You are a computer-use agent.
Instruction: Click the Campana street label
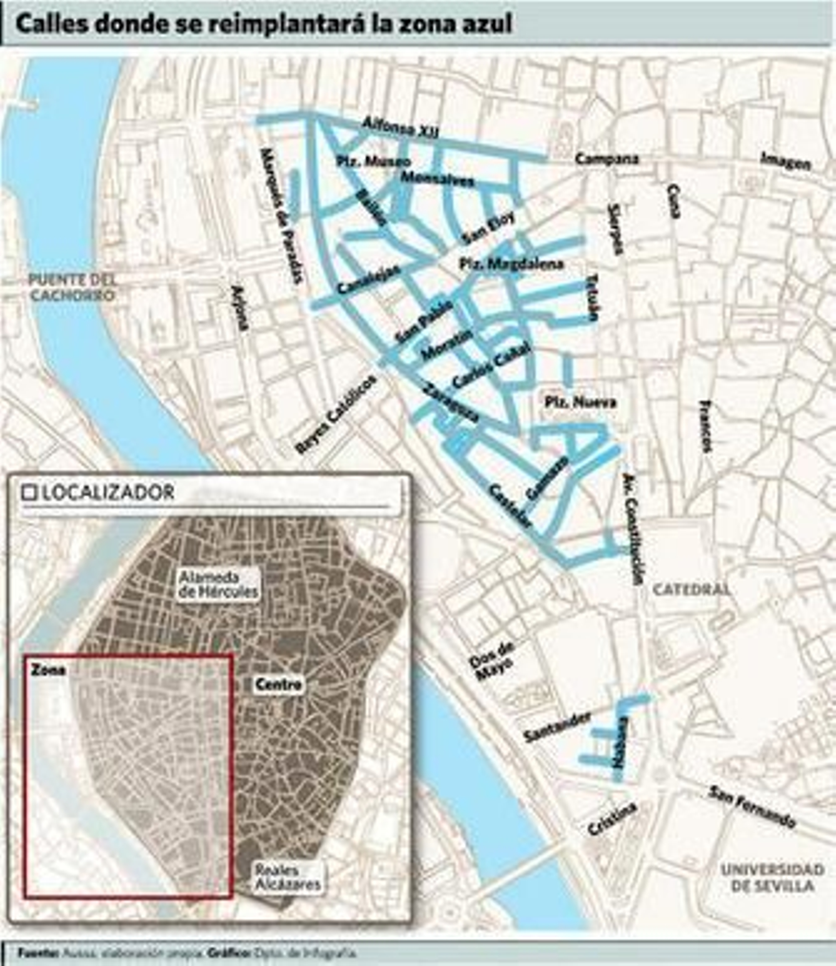[607, 158]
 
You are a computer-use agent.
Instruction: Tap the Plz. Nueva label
[580, 402]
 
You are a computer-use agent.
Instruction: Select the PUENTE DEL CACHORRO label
[72, 287]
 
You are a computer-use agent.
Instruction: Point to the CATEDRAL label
[691, 590]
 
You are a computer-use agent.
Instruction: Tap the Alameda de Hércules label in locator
[218, 584]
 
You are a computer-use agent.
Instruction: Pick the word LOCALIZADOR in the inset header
[108, 493]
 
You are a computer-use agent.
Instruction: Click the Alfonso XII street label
[401, 128]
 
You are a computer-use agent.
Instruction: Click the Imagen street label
[786, 161]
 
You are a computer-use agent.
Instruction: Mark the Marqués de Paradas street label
[281, 215]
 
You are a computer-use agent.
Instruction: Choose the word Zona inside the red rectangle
[48, 670]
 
